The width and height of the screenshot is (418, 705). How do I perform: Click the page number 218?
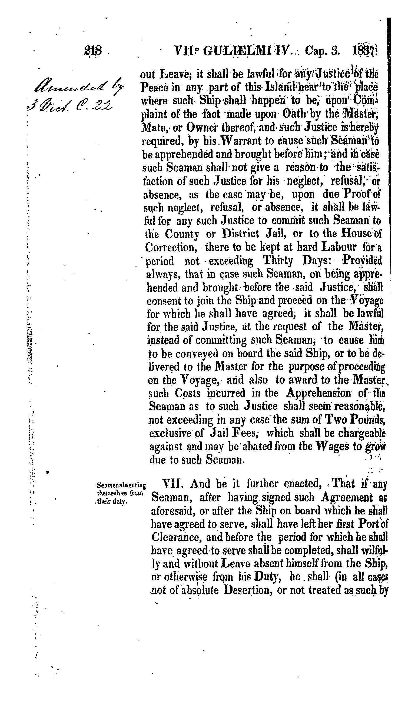click(93, 51)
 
